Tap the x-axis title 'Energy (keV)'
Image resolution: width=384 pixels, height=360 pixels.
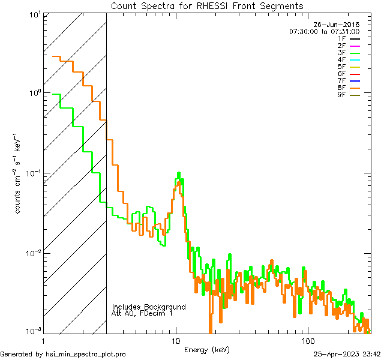tap(207, 349)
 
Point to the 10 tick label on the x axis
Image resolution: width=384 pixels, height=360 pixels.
tap(176, 341)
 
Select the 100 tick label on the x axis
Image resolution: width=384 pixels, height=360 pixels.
tap(307, 341)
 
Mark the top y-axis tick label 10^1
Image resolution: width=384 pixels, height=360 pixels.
tap(34, 13)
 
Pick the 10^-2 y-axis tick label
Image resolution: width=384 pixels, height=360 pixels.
tap(32, 253)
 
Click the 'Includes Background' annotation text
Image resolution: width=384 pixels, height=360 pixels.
tap(149, 307)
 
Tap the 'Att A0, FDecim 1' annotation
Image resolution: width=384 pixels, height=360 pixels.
tap(142, 313)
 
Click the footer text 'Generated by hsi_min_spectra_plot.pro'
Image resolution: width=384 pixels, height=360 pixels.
tap(63, 354)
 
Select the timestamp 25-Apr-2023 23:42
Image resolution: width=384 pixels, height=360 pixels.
tap(347, 354)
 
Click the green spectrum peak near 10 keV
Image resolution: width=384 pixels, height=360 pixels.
tap(179, 174)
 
